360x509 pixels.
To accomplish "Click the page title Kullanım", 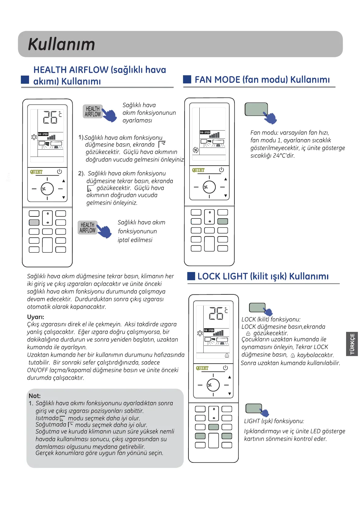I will pyautogui.click(x=61, y=44).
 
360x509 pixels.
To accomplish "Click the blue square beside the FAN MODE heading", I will pyautogui.click(x=187, y=79).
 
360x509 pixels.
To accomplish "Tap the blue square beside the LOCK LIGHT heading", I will pyautogui.click(x=191, y=276).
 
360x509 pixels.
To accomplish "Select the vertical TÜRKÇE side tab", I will pyautogui.click(x=352, y=344).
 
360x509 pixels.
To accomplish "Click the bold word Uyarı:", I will pyautogui.click(x=36, y=317).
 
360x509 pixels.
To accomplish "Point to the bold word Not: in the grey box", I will pyautogui.click(x=34, y=396).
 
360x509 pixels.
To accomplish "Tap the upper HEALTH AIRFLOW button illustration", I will pyautogui.click(x=93, y=112).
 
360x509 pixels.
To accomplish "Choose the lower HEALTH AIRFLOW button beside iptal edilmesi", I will pyautogui.click(x=87, y=228).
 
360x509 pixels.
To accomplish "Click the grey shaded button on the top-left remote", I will pyautogui.click(x=34, y=222).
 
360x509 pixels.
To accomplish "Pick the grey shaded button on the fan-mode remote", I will pyautogui.click(x=223, y=221).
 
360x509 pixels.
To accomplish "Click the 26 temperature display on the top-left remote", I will pyautogui.click(x=50, y=117).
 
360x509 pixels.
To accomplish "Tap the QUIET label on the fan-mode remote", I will pyautogui.click(x=198, y=170).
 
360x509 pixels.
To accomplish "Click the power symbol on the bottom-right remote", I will pyautogui.click(x=225, y=368).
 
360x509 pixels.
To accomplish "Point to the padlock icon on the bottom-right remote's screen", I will pyautogui.click(x=227, y=355).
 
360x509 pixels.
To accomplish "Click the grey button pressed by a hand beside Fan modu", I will pyautogui.click(x=256, y=109).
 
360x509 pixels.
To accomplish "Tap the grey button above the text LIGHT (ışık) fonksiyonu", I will pyautogui.click(x=254, y=408).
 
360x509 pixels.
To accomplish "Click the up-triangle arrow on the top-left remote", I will pyautogui.click(x=64, y=181).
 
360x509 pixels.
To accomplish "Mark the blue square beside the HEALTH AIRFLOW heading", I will pyautogui.click(x=25, y=79).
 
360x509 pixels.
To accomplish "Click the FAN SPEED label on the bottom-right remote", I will pyautogui.click(x=209, y=330).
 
